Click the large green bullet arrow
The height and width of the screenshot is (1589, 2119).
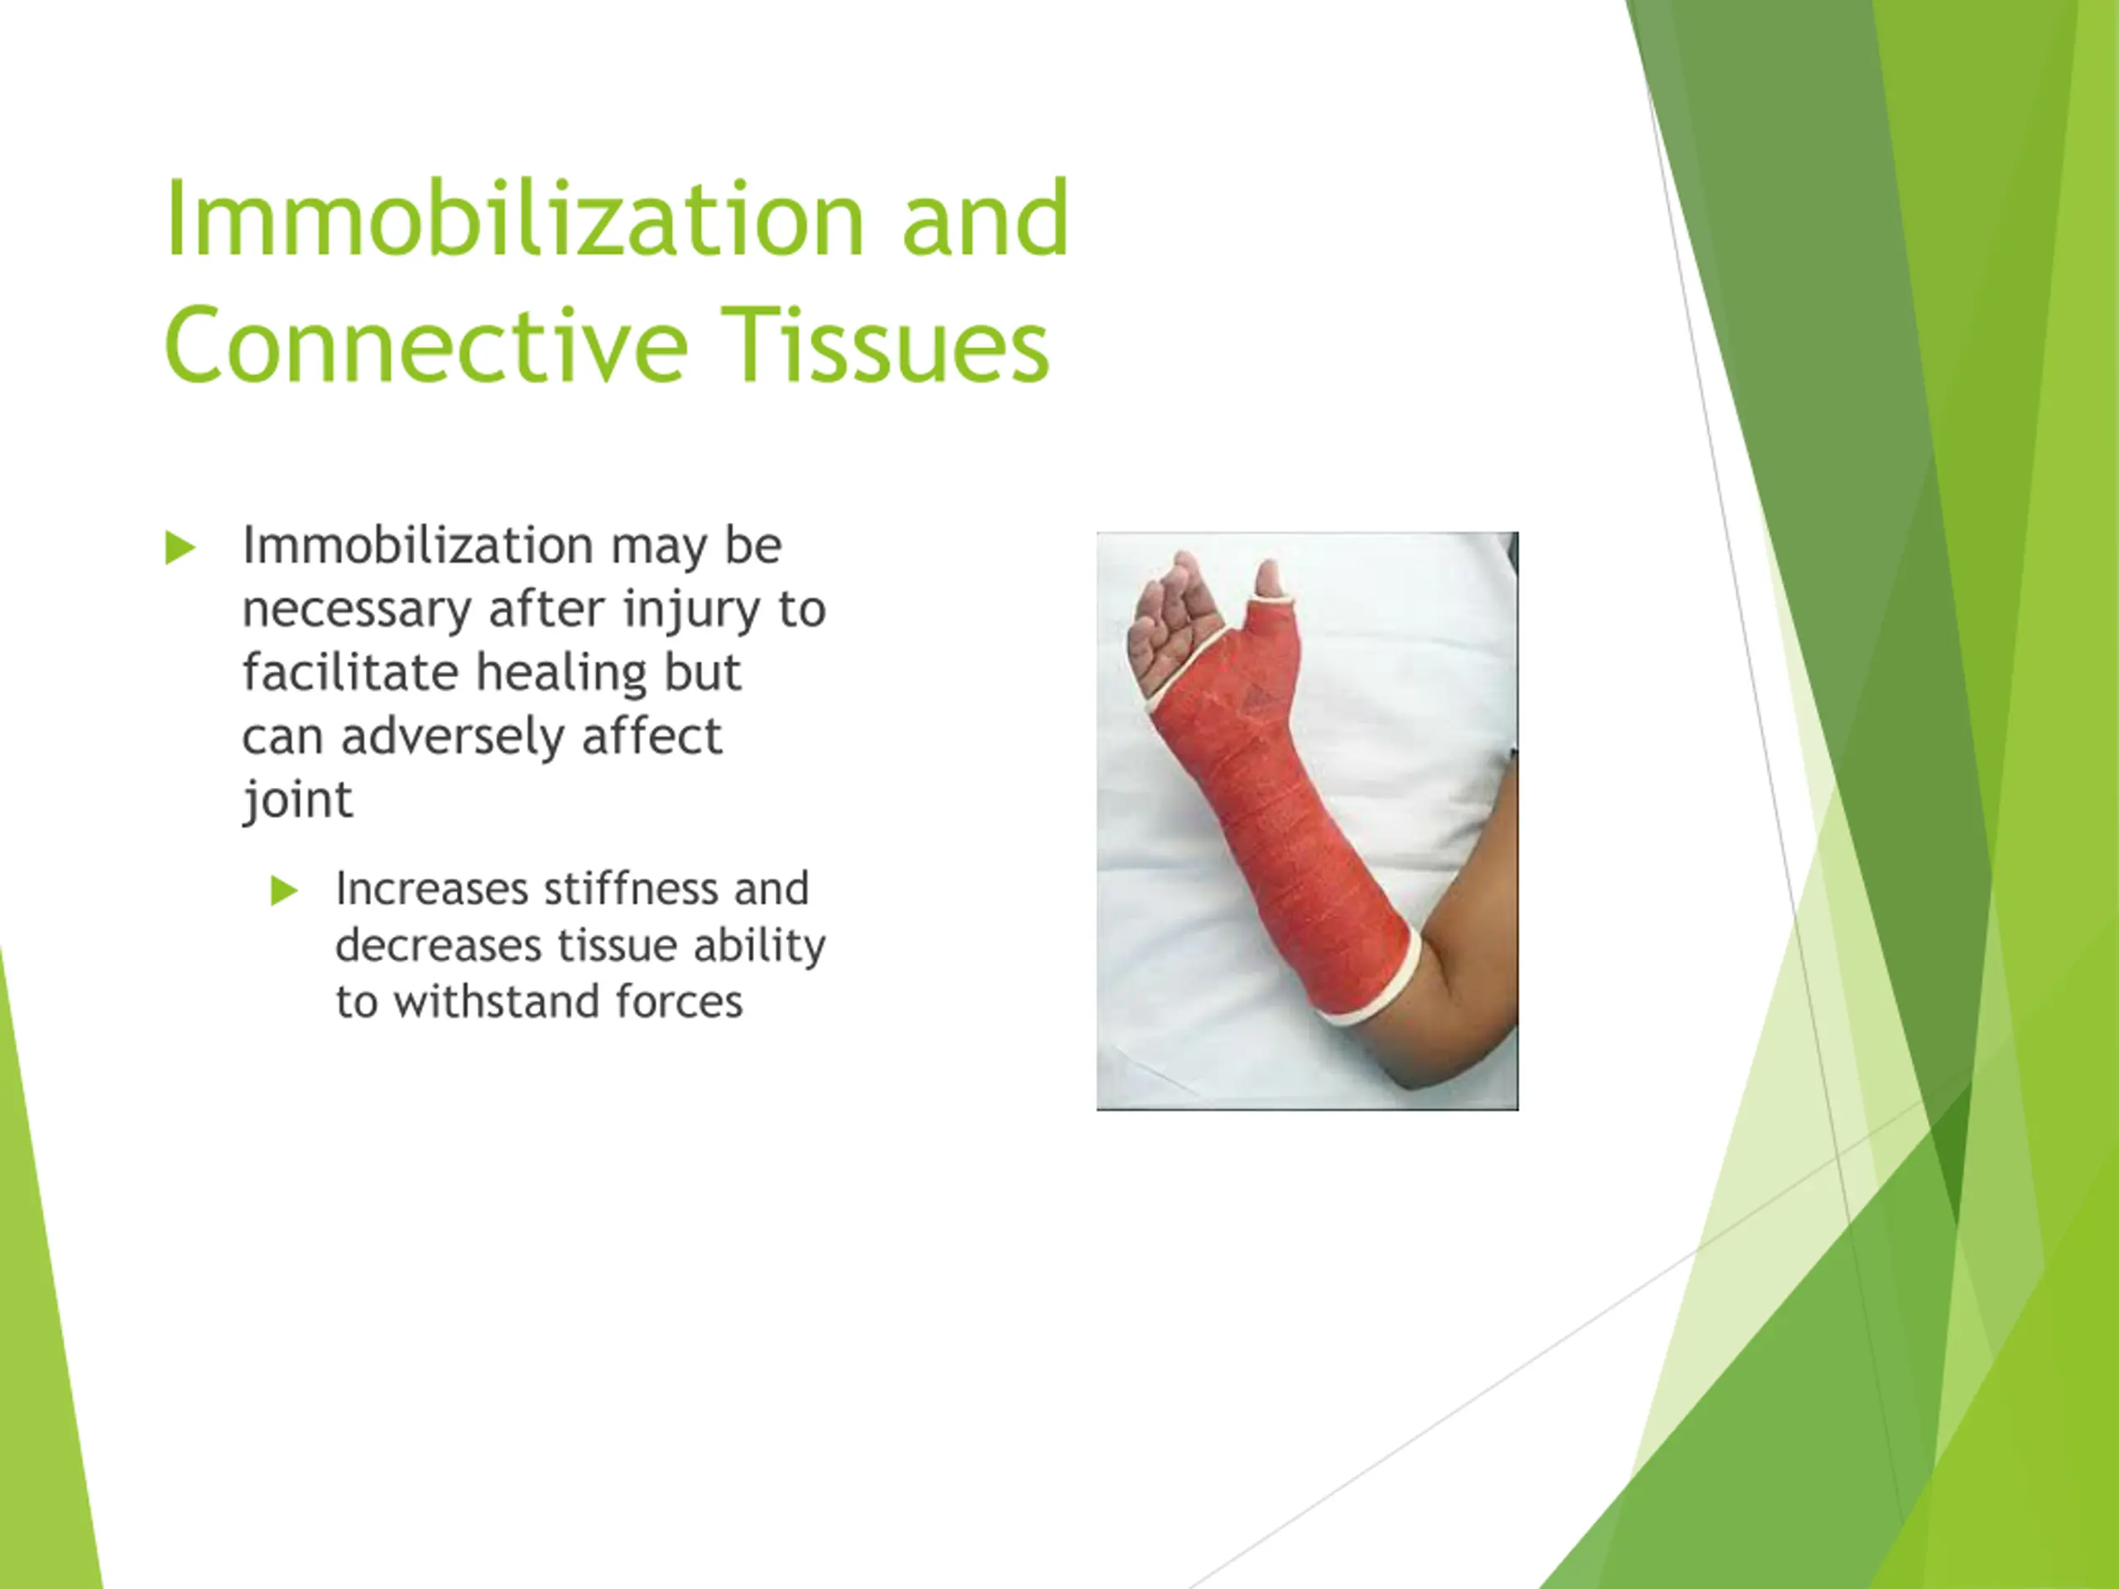point(180,547)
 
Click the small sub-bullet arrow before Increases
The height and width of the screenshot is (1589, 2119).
point(284,891)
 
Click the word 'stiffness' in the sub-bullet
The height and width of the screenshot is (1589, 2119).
point(631,889)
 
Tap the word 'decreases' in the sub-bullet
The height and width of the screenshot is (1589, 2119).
point(439,945)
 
